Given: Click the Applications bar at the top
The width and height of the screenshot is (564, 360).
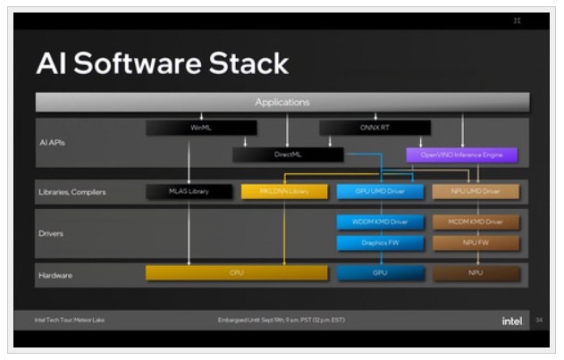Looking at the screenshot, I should pyautogui.click(x=282, y=102).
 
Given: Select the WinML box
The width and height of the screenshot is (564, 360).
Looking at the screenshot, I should pyautogui.click(x=201, y=128).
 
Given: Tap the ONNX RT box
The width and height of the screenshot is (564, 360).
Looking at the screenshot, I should pyautogui.click(x=375, y=128).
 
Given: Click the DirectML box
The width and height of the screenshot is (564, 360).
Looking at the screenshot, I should pyautogui.click(x=288, y=155).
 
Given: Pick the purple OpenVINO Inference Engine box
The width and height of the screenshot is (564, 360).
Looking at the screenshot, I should pyautogui.click(x=462, y=155).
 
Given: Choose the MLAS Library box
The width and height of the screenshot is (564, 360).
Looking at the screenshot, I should pyautogui.click(x=188, y=191).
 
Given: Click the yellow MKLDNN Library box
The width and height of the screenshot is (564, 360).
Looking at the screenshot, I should pyautogui.click(x=284, y=191).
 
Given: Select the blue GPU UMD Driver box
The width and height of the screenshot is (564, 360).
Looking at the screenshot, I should pyautogui.click(x=379, y=191).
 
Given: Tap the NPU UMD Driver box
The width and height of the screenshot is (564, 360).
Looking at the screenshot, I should pyautogui.click(x=475, y=191).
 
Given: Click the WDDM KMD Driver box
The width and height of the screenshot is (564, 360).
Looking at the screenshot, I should pyautogui.click(x=379, y=222).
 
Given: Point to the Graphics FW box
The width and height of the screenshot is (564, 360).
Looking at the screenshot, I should pyautogui.click(x=379, y=242).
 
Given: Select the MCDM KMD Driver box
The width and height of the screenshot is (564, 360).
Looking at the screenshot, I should pyautogui.click(x=475, y=222).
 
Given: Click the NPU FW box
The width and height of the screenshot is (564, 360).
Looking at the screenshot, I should pyautogui.click(x=475, y=242).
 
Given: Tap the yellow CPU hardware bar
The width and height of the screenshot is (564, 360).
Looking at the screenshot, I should pyautogui.click(x=237, y=272).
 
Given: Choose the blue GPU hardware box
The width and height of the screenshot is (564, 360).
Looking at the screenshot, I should pyautogui.click(x=379, y=272).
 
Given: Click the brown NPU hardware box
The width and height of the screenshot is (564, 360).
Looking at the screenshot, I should pyautogui.click(x=475, y=272).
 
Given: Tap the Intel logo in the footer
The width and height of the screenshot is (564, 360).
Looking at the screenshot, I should pyautogui.click(x=512, y=320).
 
